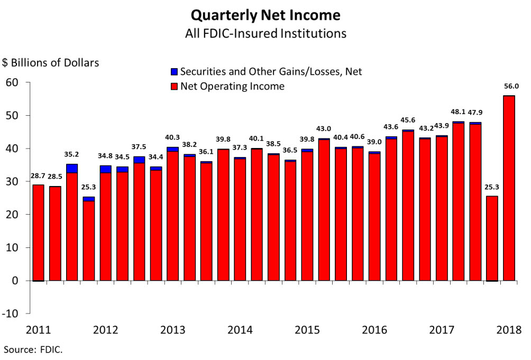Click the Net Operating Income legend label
232,86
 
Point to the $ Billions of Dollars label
51,63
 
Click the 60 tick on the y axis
12,82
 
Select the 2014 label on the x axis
240,330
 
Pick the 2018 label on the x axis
510,330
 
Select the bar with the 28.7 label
38,233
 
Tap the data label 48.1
458,112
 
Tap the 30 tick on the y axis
12,181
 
